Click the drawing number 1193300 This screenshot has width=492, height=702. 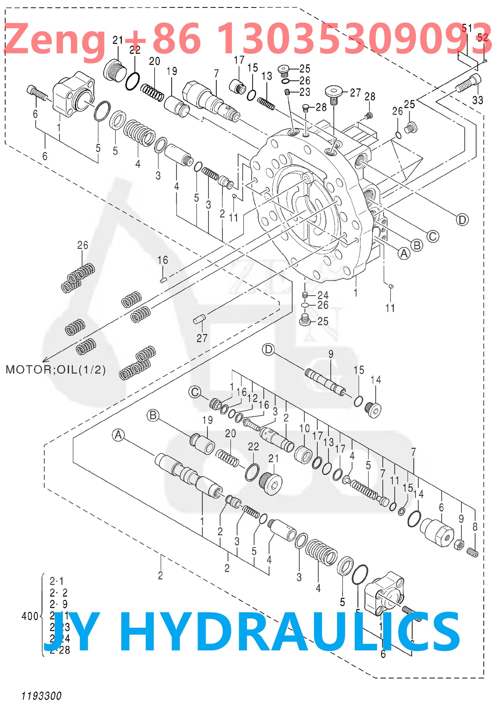click(41, 695)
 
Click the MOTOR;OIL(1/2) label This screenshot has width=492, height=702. click(56, 369)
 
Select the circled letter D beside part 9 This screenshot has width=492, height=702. click(269, 349)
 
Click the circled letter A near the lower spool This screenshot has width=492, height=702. click(118, 435)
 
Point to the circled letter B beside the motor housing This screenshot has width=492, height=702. click(417, 245)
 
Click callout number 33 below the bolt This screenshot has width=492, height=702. click(477, 100)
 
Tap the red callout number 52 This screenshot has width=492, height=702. click(482, 37)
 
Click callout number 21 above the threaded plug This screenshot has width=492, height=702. click(118, 40)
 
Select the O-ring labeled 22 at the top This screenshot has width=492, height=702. click(132, 81)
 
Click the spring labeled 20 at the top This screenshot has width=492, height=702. click(152, 93)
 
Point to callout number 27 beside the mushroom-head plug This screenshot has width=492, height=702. click(355, 93)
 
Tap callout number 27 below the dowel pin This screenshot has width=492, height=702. click(202, 338)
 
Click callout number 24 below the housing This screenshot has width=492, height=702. click(322, 295)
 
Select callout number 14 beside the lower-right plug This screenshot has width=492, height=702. click(376, 380)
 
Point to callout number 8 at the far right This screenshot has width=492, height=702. click(475, 527)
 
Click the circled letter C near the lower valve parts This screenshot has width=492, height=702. click(195, 392)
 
